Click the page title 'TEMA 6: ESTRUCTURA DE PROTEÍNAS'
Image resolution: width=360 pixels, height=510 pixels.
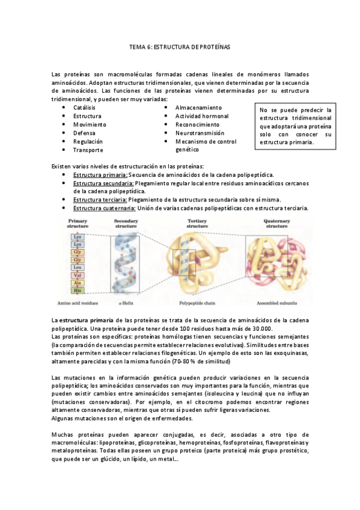(x=180, y=46)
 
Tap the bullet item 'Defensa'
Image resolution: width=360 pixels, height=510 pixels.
(x=84, y=133)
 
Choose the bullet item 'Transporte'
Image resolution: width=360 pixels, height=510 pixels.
(x=88, y=150)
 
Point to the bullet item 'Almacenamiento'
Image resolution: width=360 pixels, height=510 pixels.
(x=198, y=107)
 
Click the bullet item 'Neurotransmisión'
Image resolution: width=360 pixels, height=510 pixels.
(x=200, y=133)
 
